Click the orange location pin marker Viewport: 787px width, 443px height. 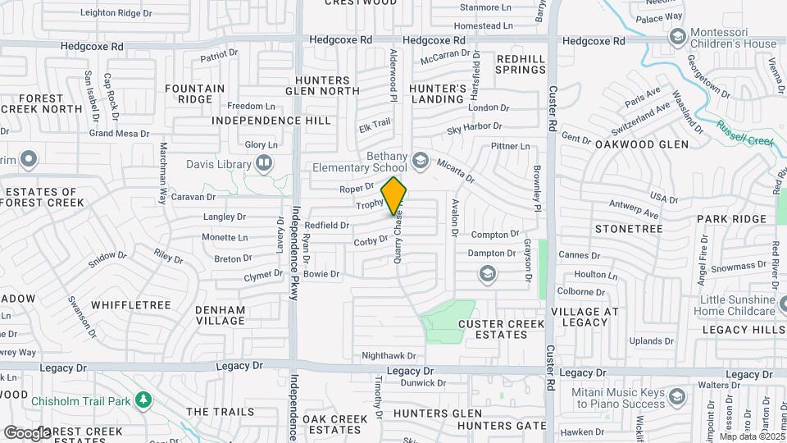pyautogui.click(x=394, y=195)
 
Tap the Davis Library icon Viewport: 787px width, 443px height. pyautogui.click(x=263, y=162)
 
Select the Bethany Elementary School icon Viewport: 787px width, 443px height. pyautogui.click(x=421, y=158)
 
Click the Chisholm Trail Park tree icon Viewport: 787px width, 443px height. pyautogui.click(x=144, y=400)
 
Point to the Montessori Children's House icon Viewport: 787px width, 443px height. pyautogui.click(x=677, y=36)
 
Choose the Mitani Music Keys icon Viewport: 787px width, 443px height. pyautogui.click(x=677, y=398)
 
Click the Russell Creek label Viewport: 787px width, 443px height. pyautogui.click(x=744, y=133)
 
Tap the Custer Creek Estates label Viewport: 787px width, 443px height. pyautogui.click(x=501, y=329)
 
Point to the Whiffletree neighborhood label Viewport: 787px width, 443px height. pyautogui.click(x=131, y=305)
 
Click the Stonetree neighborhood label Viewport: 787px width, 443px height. pyautogui.click(x=629, y=228)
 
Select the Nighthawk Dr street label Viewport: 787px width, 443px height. pyautogui.click(x=389, y=356)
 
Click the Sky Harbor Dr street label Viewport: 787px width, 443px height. pyautogui.click(x=474, y=128)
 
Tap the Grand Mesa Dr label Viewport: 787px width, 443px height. pyautogui.click(x=119, y=133)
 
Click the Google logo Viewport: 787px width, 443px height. pyautogui.click(x=27, y=432)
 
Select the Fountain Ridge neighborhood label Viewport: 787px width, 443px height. pyautogui.click(x=194, y=94)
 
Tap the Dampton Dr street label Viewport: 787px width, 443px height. pyautogui.click(x=491, y=254)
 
